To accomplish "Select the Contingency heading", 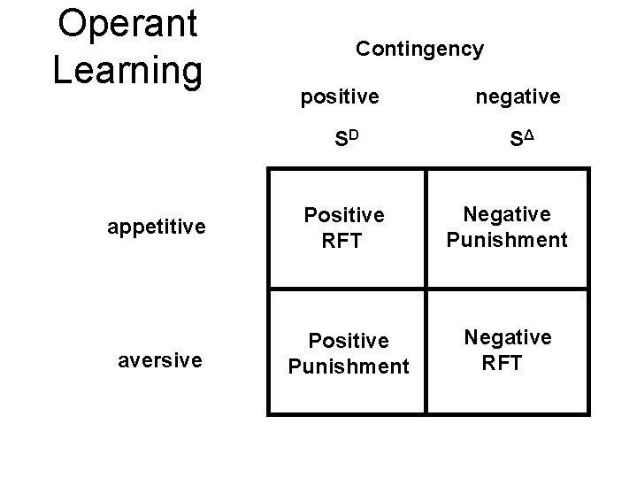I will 419,49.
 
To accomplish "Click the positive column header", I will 338,96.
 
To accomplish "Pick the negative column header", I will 518,96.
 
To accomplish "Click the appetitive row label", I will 157,227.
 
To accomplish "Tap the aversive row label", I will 161,360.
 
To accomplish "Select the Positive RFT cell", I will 343,228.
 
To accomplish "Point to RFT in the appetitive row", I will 343,241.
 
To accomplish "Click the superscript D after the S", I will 351,135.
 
